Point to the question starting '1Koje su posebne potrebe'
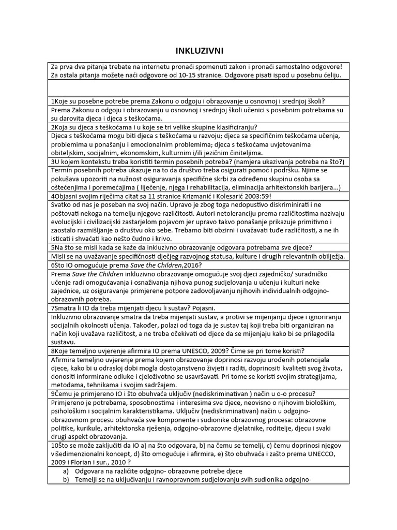[191, 101]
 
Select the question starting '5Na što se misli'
[185, 247]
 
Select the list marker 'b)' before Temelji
[66, 479]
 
